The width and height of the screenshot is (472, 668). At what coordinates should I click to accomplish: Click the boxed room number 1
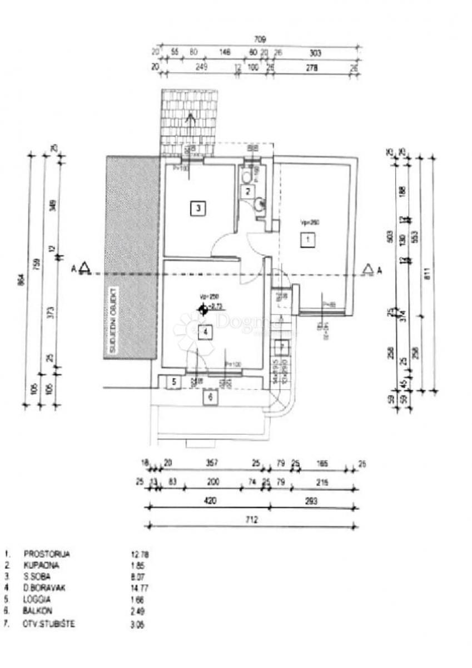tap(306, 240)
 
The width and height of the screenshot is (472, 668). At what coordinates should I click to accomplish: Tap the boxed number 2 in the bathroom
tap(248, 191)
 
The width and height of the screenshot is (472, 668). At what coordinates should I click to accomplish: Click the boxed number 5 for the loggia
tap(173, 382)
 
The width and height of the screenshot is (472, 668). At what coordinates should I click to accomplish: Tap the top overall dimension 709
tap(260, 40)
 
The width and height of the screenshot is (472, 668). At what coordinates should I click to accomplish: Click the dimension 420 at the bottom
tap(210, 501)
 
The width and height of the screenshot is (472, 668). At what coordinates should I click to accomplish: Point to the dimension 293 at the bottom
tap(311, 501)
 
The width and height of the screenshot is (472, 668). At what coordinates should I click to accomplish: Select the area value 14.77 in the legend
tap(139, 587)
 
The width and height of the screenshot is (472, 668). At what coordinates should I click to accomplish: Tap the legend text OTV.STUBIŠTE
tap(49, 623)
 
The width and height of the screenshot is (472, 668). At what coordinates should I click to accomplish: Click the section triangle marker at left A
tap(85, 269)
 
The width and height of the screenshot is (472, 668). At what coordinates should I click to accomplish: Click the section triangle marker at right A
tap(367, 269)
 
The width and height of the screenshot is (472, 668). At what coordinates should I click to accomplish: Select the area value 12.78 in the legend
tap(139, 554)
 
